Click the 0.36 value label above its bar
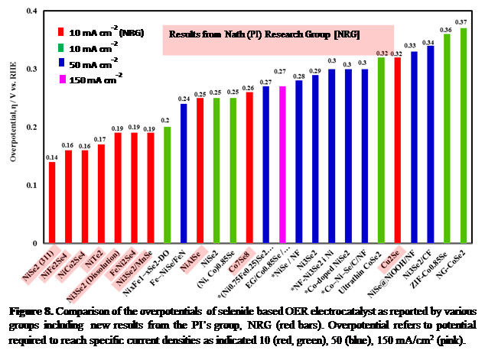click(446, 29)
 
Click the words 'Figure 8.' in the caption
click(34, 313)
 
